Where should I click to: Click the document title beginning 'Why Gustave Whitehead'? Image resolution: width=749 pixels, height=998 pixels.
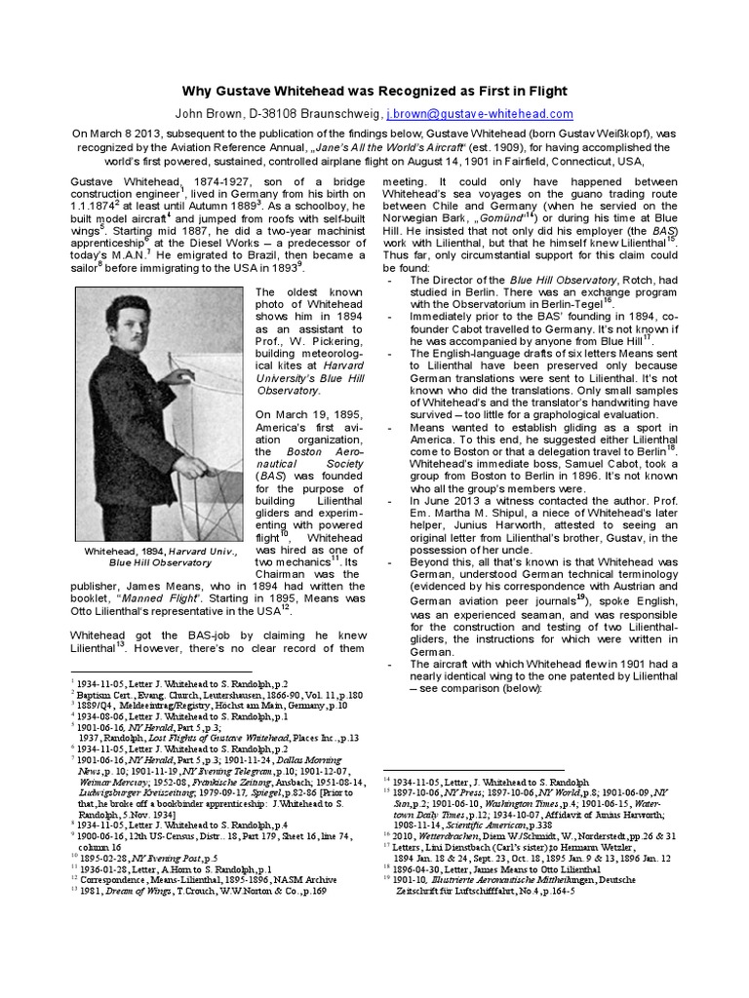(x=374, y=91)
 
